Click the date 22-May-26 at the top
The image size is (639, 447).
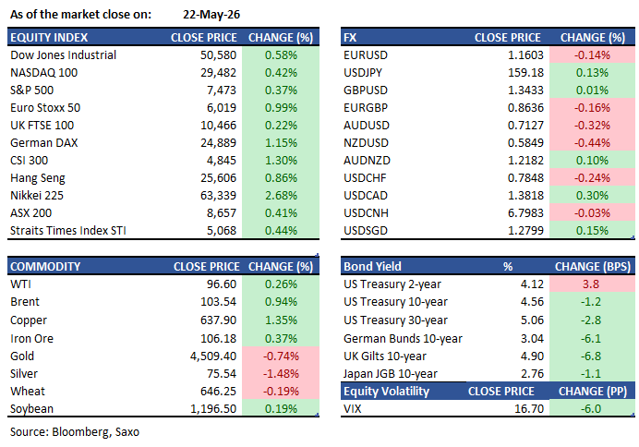click(211, 15)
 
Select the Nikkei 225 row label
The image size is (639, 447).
click(37, 196)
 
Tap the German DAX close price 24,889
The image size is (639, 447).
click(218, 143)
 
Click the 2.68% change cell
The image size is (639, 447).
click(281, 196)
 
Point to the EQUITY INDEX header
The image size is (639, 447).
click(49, 38)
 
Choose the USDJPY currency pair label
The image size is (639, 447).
click(363, 73)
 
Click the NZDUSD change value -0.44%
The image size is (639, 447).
click(592, 143)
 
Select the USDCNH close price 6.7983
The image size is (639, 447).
click(525, 213)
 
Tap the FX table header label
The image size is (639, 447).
click(350, 38)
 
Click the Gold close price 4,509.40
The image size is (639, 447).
click(213, 356)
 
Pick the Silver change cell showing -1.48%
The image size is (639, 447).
click(281, 374)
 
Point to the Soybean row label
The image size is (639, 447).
click(31, 409)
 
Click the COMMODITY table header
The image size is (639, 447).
click(45, 267)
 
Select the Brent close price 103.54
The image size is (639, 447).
click(218, 302)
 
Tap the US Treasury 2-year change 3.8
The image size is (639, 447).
click(590, 284)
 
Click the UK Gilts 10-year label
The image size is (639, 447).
click(385, 356)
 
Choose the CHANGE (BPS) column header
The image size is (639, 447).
click(593, 267)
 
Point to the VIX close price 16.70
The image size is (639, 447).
click(529, 409)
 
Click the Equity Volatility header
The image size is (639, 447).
click(386, 392)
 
